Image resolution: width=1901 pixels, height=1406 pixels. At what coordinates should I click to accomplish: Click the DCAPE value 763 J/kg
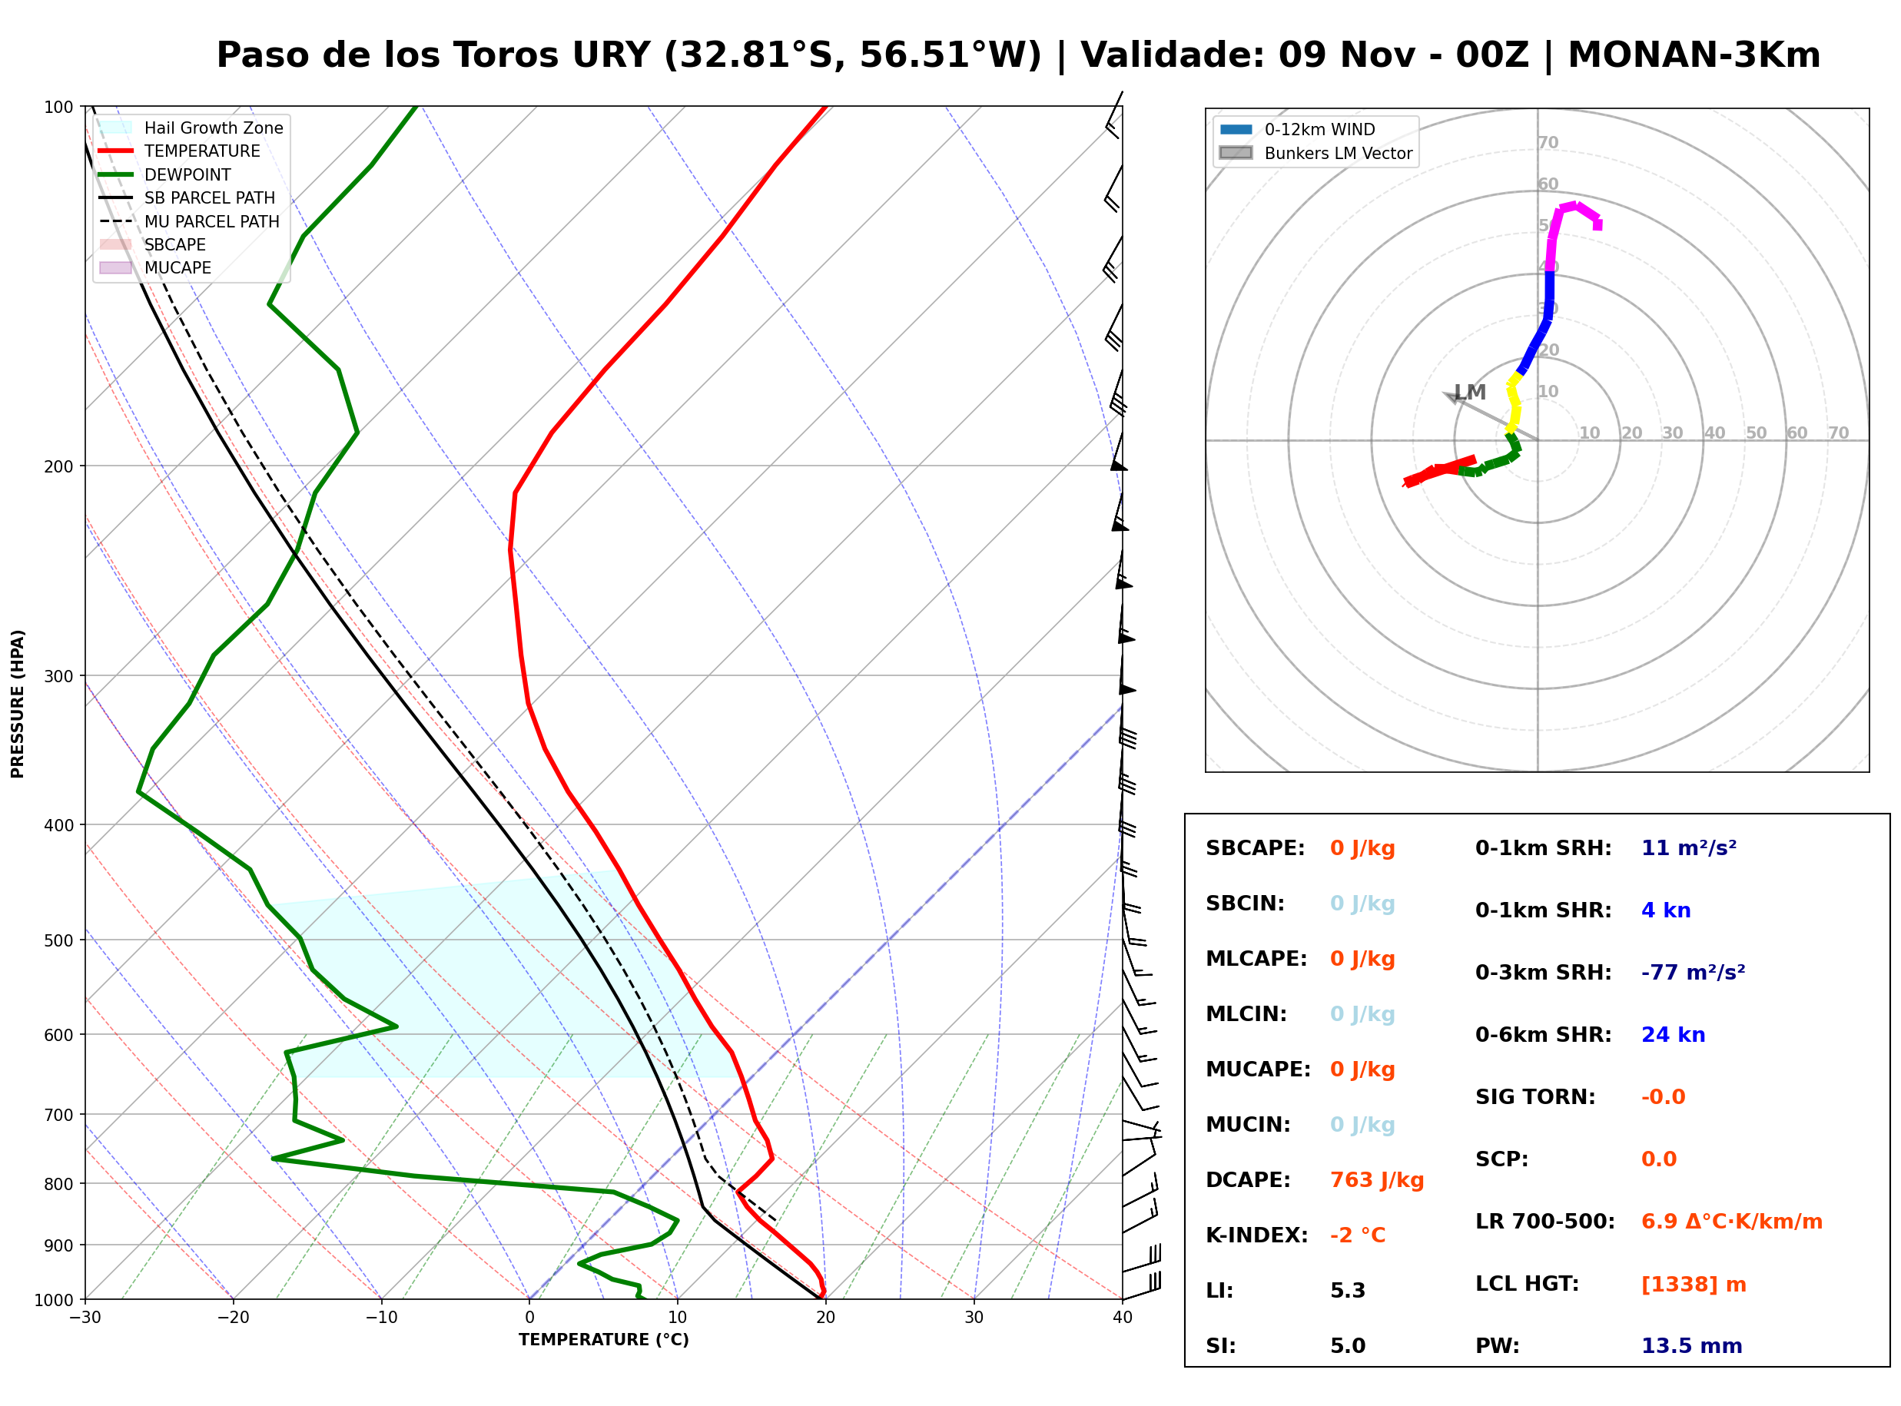(x=1376, y=1179)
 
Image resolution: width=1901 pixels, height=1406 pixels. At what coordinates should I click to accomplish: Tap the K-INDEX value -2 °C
(x=1357, y=1235)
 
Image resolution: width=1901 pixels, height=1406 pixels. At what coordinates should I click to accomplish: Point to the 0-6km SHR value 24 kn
(x=1673, y=1035)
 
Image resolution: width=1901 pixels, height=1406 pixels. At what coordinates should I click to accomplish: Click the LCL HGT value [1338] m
(x=1694, y=1285)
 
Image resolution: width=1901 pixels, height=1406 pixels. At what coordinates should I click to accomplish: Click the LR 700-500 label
(x=1544, y=1222)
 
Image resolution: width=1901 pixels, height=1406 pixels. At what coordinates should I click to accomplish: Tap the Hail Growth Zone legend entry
(x=191, y=128)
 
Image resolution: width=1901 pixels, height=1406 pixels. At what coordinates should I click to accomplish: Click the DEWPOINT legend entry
(x=165, y=174)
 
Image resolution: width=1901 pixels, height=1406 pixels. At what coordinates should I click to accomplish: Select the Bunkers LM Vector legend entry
(x=1315, y=153)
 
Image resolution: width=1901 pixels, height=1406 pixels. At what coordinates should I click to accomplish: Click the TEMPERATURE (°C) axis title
(x=603, y=1340)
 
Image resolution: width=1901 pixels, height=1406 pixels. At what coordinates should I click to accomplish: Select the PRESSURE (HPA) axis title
(x=18, y=704)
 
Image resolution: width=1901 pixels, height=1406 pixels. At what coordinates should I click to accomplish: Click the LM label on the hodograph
(x=1470, y=393)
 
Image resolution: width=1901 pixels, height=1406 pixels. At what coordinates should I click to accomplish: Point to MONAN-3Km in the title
(x=1694, y=55)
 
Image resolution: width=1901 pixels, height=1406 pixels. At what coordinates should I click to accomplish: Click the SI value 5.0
(x=1347, y=1345)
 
